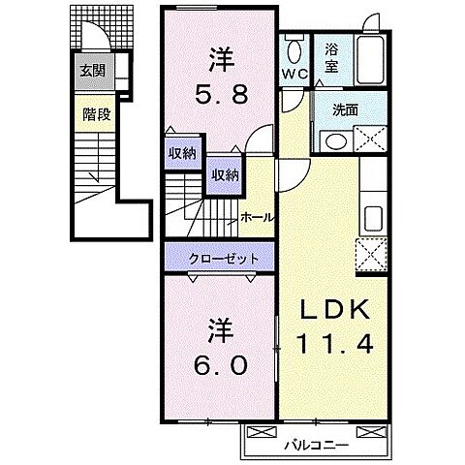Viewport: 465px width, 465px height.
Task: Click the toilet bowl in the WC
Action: [294, 47]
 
